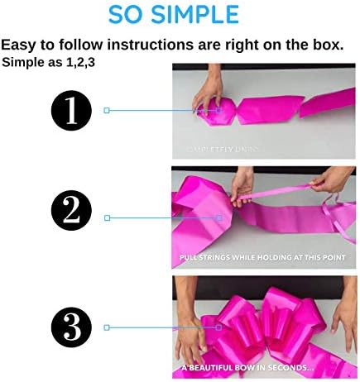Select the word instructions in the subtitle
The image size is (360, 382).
[x=162, y=45]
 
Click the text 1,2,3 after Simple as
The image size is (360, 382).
[x=79, y=62]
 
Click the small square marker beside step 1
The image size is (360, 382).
[x=107, y=109]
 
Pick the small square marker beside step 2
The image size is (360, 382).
[x=107, y=217]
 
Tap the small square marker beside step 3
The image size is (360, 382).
[x=107, y=327]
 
